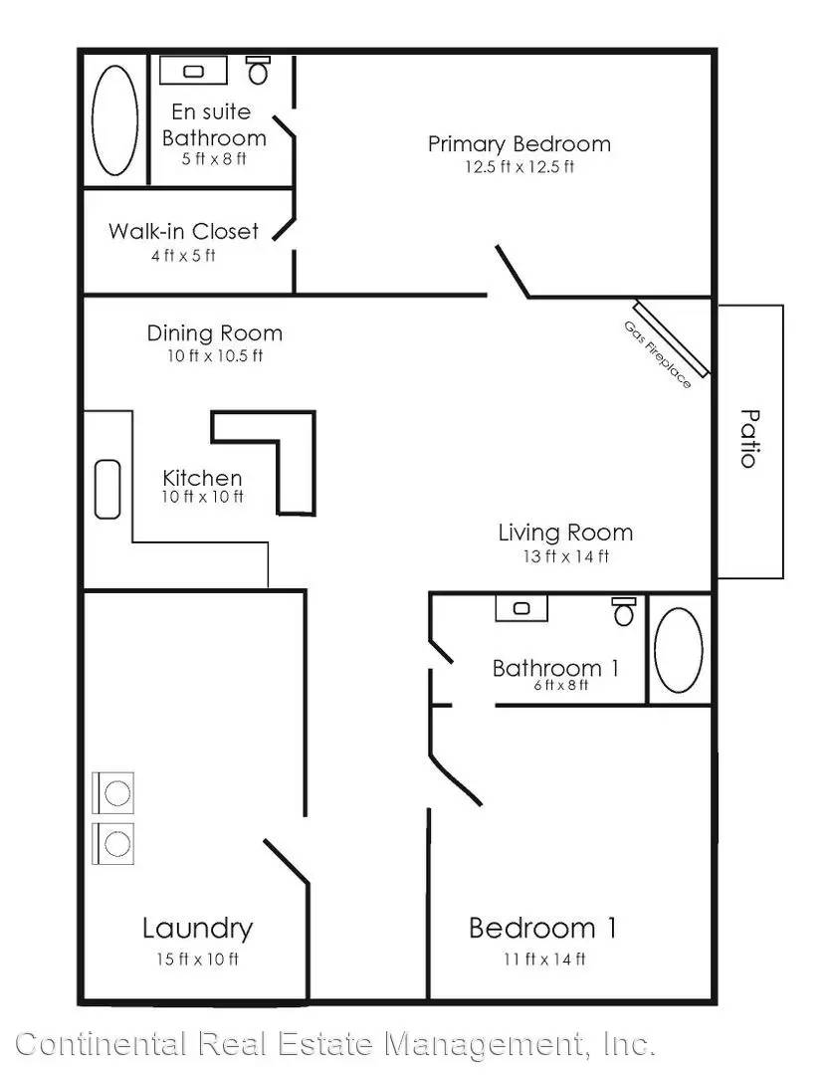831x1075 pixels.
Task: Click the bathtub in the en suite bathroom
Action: [x=114, y=120]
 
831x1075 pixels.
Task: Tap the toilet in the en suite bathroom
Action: [x=259, y=70]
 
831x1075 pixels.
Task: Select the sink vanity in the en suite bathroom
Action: [x=193, y=71]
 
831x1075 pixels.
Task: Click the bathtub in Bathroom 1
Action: [x=678, y=649]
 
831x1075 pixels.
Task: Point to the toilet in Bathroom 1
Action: [x=624, y=611]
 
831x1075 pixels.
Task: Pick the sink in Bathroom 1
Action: [x=521, y=608]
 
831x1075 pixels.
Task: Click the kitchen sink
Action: [x=107, y=489]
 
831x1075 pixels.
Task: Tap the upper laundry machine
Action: [x=113, y=793]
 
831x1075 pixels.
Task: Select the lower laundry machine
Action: [x=113, y=843]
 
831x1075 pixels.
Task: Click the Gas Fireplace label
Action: [x=657, y=354]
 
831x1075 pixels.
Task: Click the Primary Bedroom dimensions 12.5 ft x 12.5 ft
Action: [x=519, y=166]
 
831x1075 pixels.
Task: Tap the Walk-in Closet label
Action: [x=183, y=231]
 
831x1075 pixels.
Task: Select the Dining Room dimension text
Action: [x=215, y=355]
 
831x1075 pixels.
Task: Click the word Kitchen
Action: [x=202, y=477]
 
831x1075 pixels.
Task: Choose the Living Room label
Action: [x=565, y=533]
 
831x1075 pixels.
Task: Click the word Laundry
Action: [x=197, y=929]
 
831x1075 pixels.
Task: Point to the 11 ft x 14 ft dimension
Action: [x=544, y=960]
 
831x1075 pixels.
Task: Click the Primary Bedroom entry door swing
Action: [x=513, y=272]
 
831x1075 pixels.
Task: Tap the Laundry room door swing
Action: [x=286, y=861]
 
